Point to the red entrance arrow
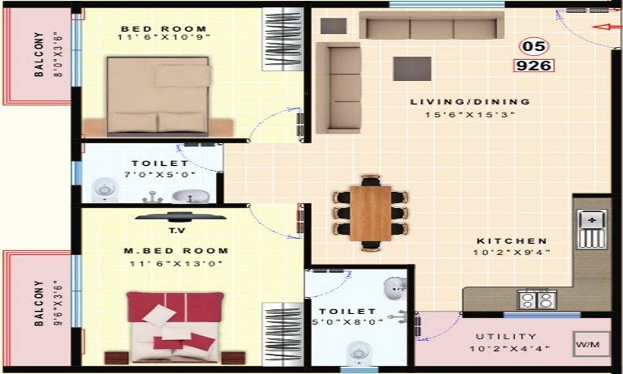coord(602,27)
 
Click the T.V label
coord(181,229)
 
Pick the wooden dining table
coord(370,213)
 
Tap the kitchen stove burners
coord(537,300)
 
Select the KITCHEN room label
coord(512,241)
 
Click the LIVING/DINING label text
coord(470,102)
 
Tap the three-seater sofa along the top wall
coord(431,26)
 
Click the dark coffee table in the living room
coord(412,69)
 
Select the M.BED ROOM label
coord(176,251)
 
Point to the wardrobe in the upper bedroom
coord(283,39)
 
